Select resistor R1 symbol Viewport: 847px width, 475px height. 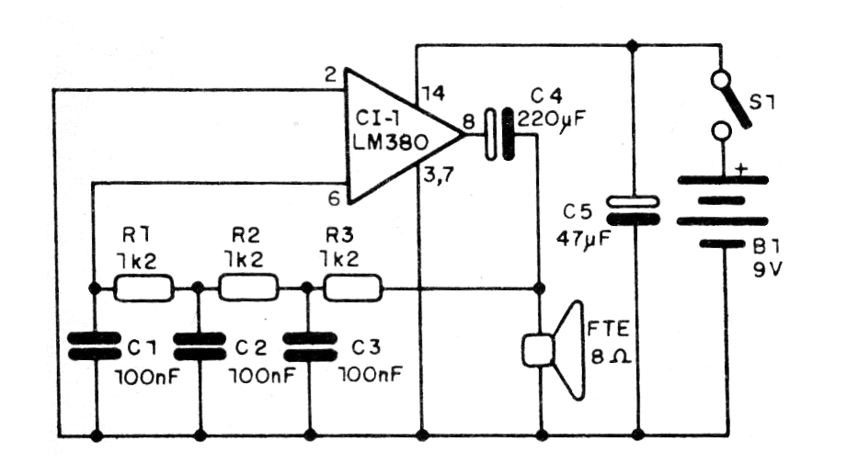(x=143, y=290)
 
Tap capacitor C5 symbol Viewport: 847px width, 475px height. (x=635, y=210)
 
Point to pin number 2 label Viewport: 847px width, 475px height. (x=330, y=73)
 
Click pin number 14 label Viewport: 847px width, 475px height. (x=433, y=93)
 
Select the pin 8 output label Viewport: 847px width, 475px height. (x=469, y=118)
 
